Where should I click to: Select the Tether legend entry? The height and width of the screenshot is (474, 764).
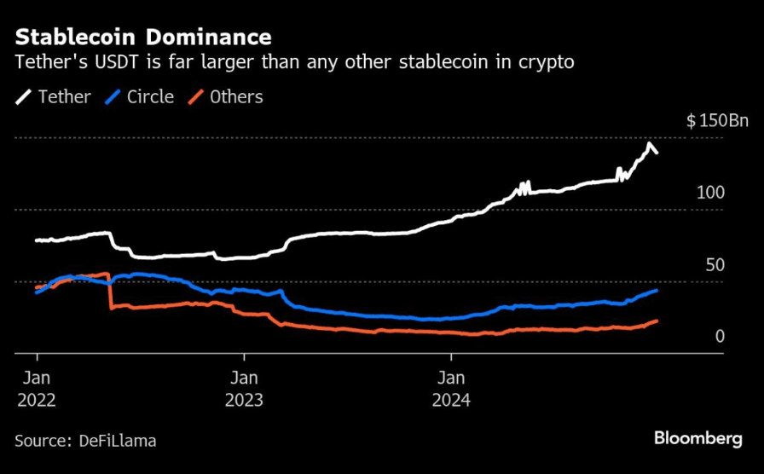coord(64,96)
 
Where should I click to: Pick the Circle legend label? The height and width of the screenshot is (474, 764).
coord(150,96)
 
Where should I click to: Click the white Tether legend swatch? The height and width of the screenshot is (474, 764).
coord(24,97)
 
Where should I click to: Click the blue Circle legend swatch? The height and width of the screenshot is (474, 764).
coord(113,97)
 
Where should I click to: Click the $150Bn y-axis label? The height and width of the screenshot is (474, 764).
coord(717,121)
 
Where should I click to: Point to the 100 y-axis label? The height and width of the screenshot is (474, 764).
coord(710,193)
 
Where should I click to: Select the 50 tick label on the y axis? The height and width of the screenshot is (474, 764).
coord(715,265)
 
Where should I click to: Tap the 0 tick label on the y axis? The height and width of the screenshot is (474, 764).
coord(720,337)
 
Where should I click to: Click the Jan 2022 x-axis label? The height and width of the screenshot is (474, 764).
coord(37,388)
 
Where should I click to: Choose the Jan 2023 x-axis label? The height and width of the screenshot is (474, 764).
coord(244,388)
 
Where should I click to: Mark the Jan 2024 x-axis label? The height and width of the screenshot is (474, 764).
coord(451,388)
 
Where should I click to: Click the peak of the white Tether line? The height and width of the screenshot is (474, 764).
coord(650,144)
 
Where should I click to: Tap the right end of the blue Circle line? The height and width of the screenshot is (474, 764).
coord(657,290)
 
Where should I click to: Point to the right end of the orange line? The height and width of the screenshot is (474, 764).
coord(657,321)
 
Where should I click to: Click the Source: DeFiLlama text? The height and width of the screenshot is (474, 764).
coord(85,441)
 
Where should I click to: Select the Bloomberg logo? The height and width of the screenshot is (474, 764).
coord(697,438)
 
